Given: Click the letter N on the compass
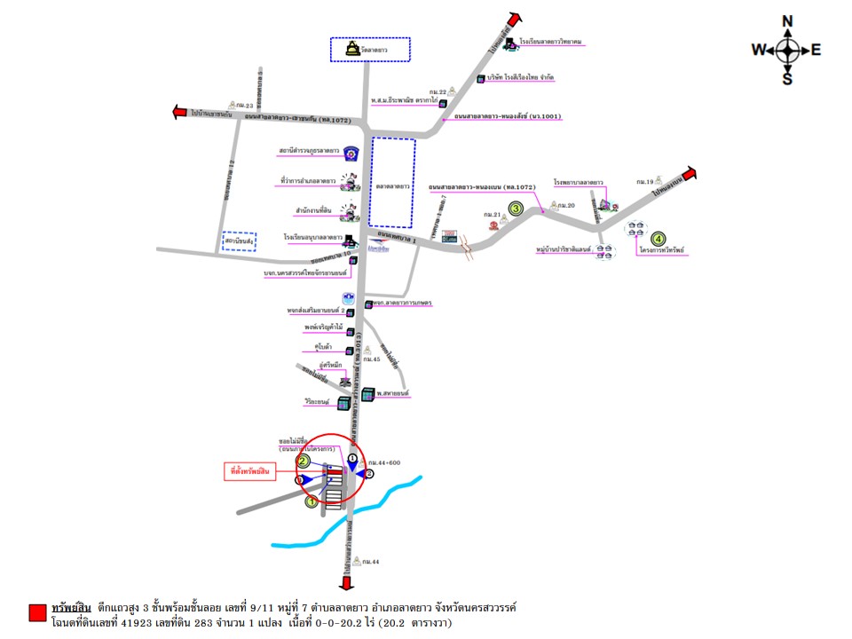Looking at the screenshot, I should click(787, 21).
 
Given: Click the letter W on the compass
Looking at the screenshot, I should click(759, 51).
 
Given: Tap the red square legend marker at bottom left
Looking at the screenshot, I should click(37, 612).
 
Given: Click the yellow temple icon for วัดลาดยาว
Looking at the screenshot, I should click(354, 48).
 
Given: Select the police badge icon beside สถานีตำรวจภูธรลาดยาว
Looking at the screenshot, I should click(351, 152).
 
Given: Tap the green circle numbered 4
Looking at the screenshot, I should click(658, 238).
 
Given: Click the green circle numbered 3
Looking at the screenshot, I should click(515, 209).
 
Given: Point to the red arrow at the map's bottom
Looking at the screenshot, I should click(345, 581).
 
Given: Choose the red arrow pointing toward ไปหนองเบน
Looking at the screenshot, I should click(690, 174).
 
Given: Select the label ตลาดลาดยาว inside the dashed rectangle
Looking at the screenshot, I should click(391, 187).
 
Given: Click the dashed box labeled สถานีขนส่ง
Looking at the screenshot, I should click(240, 241).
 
